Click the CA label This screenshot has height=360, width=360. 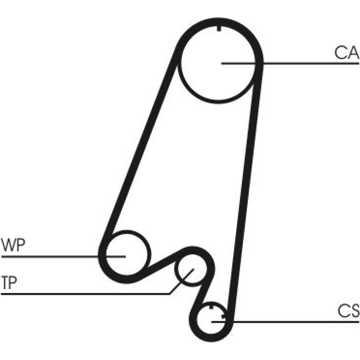click(x=346, y=53)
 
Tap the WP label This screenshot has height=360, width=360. click(x=13, y=246)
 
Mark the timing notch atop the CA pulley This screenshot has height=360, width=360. click(x=219, y=29)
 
